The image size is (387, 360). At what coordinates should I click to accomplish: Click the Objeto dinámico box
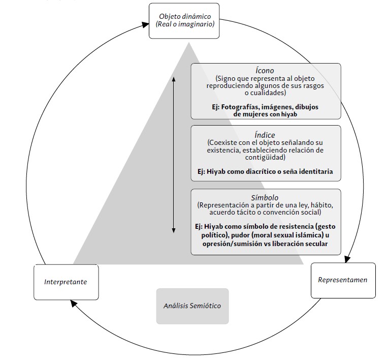pos(184,21)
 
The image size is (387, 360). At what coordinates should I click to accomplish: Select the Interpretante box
pos(66,282)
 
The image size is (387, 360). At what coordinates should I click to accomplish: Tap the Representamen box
pos(343,280)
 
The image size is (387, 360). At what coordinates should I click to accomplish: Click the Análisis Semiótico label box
pos(192,306)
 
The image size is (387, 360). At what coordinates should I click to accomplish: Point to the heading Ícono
pos(265,71)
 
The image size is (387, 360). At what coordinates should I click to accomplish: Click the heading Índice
pos(265,135)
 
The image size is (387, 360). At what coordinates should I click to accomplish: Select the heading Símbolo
pos(265,198)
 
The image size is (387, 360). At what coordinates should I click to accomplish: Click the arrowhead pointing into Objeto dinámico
pos(146,24)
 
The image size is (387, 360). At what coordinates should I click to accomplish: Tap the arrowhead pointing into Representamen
pos(347,259)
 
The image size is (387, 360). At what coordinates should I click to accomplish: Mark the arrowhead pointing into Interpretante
pos(74,303)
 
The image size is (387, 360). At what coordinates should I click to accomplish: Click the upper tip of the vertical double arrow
pos(174,77)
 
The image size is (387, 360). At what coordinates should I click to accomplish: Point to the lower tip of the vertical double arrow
pos(174,232)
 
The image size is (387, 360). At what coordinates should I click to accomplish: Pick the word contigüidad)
pos(265,158)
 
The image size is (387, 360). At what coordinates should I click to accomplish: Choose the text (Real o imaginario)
pos(185,24)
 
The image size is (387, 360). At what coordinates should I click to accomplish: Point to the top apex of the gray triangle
pos(189,43)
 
